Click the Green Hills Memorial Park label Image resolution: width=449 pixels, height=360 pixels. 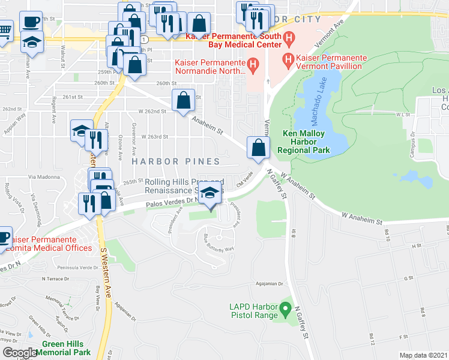[x=66, y=349]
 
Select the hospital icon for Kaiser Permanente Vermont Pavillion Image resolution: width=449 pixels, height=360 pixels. [x=288, y=60]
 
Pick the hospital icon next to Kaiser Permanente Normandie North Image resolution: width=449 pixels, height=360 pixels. [x=253, y=64]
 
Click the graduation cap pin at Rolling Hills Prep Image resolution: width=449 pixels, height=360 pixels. [x=209, y=194]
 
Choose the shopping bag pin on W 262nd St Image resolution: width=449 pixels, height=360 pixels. [x=183, y=99]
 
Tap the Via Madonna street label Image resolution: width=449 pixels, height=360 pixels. [x=42, y=177]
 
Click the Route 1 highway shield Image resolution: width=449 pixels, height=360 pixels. [x=144, y=38]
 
